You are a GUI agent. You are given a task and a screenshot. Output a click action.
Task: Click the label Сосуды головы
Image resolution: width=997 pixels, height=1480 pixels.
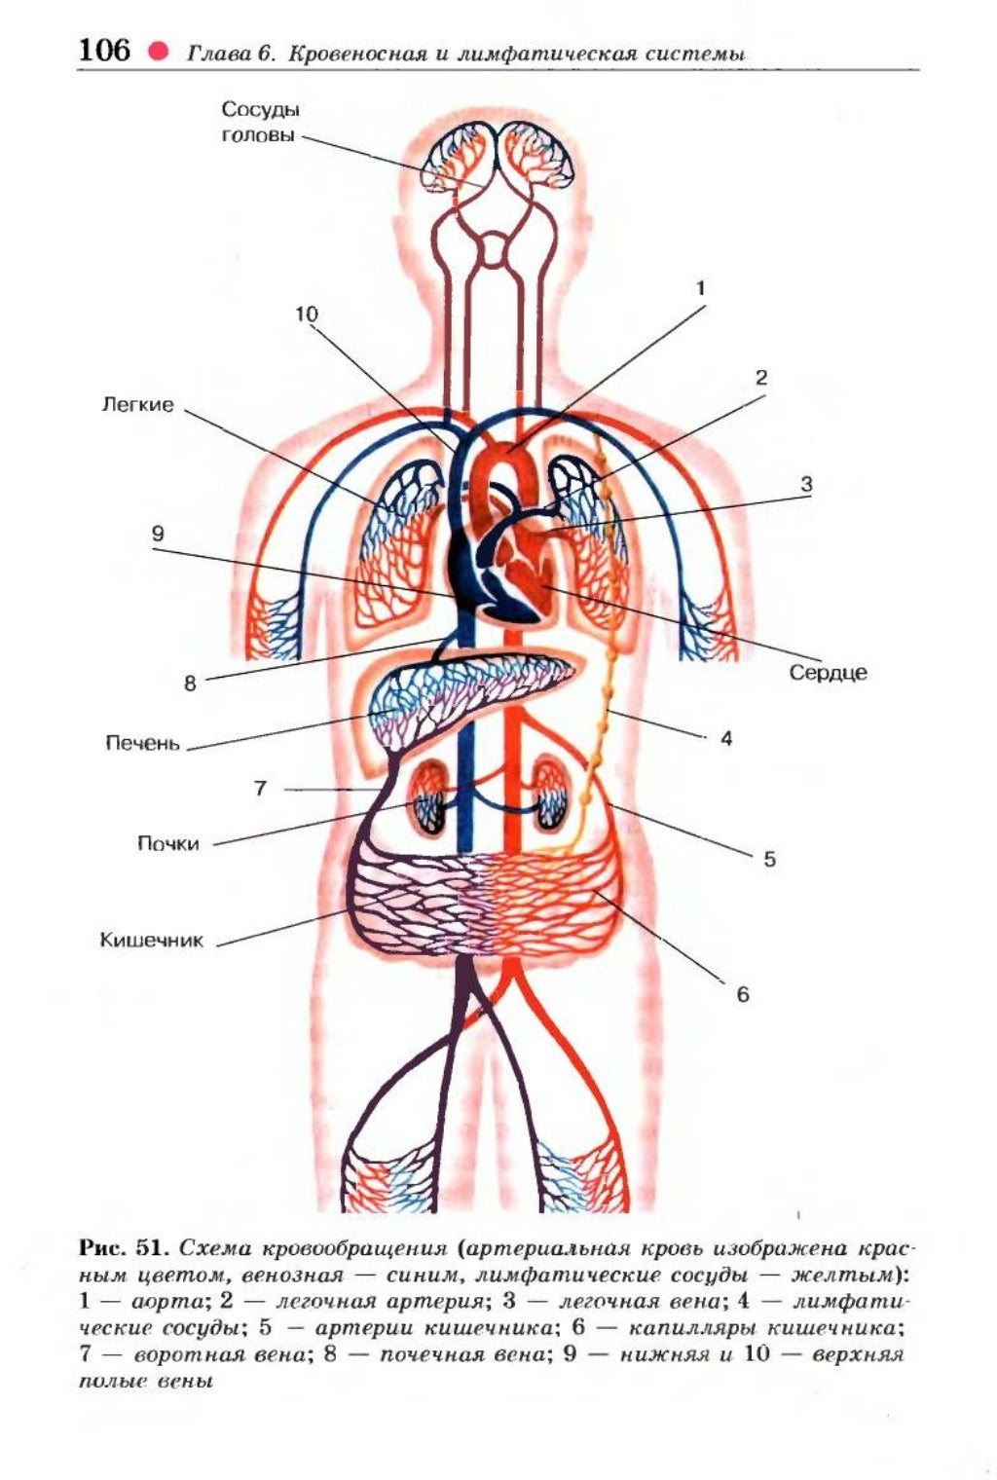258,122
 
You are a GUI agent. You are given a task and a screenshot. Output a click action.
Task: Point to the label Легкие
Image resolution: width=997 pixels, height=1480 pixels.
137,404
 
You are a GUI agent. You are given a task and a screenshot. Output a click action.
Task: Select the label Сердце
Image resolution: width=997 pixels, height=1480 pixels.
828,672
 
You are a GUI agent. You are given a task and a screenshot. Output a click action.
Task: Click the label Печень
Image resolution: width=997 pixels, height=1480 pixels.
142,744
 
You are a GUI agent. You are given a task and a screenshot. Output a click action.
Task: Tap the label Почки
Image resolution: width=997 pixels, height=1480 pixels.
167,843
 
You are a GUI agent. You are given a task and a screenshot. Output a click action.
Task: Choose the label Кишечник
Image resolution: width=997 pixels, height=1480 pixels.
152,941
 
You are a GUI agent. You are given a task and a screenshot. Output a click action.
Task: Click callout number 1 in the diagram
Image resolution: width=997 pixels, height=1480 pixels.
699,288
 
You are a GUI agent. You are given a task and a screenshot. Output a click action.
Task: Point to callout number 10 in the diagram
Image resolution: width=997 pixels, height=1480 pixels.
306,314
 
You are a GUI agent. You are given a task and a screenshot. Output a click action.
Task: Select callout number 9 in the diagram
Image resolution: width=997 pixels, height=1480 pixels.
158,534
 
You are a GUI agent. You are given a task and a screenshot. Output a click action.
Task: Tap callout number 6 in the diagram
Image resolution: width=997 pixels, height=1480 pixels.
743,994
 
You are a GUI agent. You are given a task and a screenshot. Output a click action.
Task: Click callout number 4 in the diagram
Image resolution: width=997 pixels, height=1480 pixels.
726,738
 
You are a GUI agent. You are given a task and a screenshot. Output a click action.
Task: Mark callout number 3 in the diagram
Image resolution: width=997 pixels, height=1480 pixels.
806,484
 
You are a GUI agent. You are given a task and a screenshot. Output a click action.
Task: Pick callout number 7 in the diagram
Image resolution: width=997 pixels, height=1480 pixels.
260,788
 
